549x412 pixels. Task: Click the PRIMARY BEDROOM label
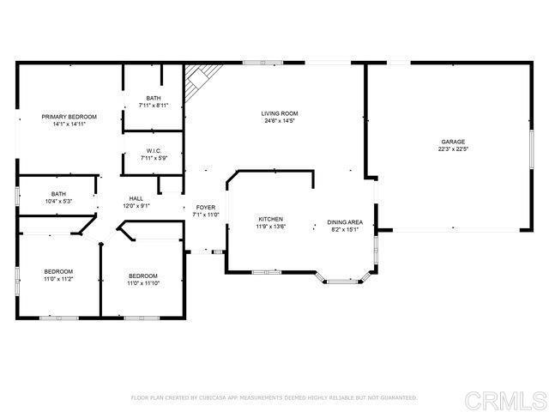click(69, 117)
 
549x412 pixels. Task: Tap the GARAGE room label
click(453, 142)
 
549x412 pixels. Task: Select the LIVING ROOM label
click(281, 113)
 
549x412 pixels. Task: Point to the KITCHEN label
click(270, 220)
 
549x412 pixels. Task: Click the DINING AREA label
click(345, 222)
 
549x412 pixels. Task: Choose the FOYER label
click(206, 208)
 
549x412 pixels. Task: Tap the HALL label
click(136, 198)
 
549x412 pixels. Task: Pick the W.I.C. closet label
click(154, 150)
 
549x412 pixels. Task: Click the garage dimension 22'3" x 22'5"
click(453, 149)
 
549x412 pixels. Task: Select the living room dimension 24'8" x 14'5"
click(281, 121)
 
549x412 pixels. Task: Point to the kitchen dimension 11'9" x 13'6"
click(270, 227)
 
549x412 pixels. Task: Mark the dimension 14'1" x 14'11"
click(69, 124)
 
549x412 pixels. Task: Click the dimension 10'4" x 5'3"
click(58, 202)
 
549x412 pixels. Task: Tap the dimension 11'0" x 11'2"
click(58, 279)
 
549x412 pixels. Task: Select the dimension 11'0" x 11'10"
click(143, 284)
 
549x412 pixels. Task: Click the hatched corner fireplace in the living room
click(196, 82)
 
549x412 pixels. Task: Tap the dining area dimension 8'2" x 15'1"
click(345, 230)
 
